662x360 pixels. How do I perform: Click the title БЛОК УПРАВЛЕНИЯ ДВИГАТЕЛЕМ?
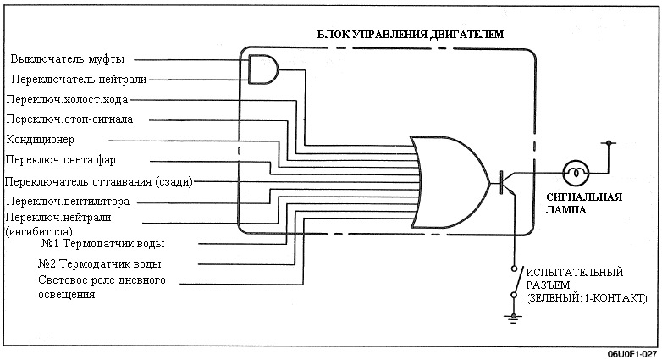click(x=410, y=34)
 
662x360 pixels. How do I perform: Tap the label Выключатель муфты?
click(x=68, y=59)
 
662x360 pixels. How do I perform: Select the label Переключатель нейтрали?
click(x=79, y=79)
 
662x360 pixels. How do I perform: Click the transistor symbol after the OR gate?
click(x=505, y=182)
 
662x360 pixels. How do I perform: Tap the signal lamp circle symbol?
click(x=576, y=173)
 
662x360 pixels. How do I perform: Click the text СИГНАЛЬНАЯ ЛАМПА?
click(x=584, y=203)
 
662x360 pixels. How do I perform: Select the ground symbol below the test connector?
click(x=514, y=318)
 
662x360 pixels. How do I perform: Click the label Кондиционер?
click(x=41, y=140)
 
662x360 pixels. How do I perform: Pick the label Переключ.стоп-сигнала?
click(x=69, y=119)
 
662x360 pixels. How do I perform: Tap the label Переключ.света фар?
click(x=61, y=160)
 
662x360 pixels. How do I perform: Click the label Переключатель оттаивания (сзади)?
click(x=99, y=182)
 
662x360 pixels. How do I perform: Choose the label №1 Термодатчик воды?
click(x=102, y=244)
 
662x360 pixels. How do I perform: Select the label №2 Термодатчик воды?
click(x=100, y=264)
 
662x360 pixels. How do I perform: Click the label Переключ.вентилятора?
click(x=68, y=202)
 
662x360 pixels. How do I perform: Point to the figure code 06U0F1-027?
click(x=632, y=354)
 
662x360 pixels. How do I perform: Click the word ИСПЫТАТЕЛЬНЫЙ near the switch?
click(x=575, y=272)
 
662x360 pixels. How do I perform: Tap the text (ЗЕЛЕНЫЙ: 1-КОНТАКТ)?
click(x=587, y=298)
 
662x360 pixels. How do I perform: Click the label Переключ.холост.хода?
click(x=67, y=100)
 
